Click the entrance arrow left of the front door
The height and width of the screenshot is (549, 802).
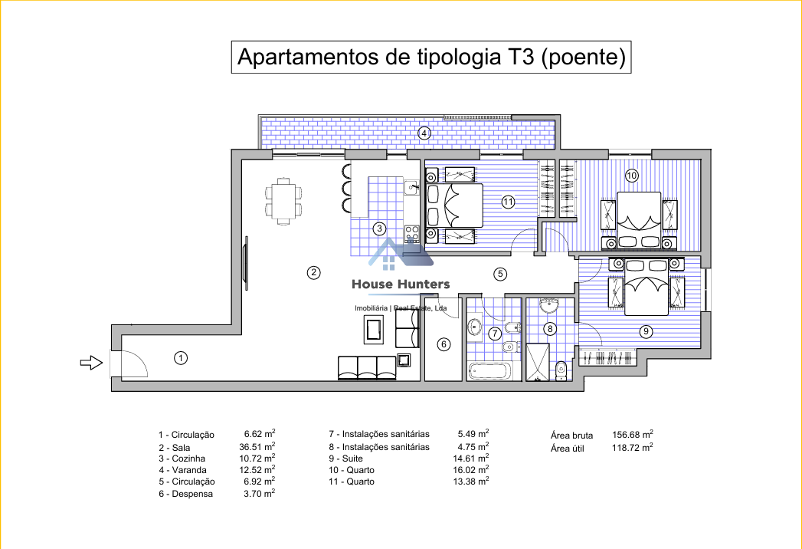92,363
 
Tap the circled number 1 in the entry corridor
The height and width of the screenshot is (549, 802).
181,358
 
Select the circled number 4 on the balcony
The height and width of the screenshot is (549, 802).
424,133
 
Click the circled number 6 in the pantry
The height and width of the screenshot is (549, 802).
444,344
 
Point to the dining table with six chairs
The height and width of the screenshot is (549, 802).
283,201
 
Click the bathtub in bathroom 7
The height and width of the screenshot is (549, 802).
489,371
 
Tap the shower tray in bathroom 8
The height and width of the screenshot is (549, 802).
538,362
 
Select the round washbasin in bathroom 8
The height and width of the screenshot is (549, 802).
549,305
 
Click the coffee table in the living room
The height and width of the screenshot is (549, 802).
375,329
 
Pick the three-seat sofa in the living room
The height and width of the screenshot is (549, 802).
367,368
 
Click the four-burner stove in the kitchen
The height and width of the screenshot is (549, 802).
412,233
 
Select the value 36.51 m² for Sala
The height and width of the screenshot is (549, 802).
257,446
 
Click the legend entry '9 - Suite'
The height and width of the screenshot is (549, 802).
345,459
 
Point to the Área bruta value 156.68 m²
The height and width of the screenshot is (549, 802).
633,434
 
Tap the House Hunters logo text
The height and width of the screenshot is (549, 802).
401,284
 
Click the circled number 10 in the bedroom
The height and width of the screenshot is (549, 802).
632,176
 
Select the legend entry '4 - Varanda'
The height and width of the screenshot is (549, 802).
182,470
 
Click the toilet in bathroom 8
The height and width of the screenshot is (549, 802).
561,371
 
